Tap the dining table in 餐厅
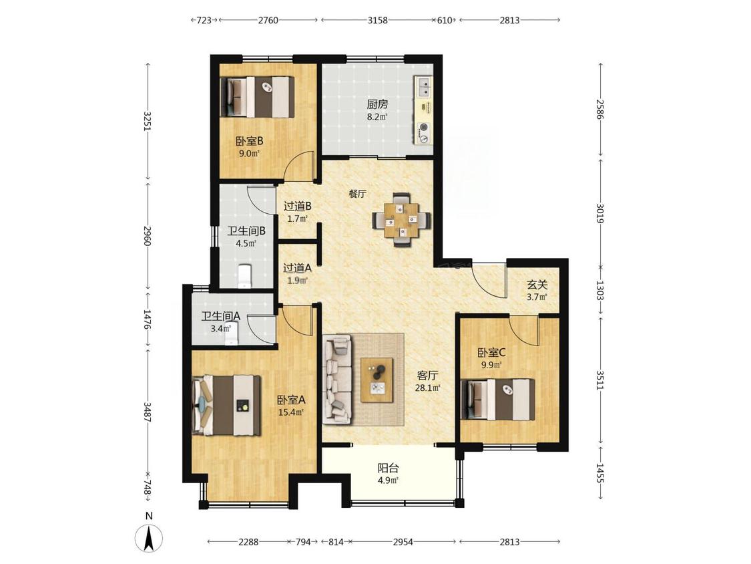pyautogui.click(x=401, y=220)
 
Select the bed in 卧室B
pyautogui.click(x=257, y=97)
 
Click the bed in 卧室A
pyautogui.click(x=226, y=405)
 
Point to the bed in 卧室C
pyautogui.click(x=498, y=400)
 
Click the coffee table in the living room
pyautogui.click(x=377, y=380)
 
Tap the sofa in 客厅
pyautogui.click(x=338, y=380)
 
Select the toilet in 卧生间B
pyautogui.click(x=245, y=277)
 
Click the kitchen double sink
pyautogui.click(x=423, y=88)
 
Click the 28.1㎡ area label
pyautogui.click(x=427, y=388)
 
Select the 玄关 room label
pyautogui.click(x=537, y=285)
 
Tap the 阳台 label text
pyautogui.click(x=388, y=468)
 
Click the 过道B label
pyautogui.click(x=298, y=206)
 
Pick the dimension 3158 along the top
pyautogui.click(x=377, y=20)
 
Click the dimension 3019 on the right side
pyautogui.click(x=600, y=213)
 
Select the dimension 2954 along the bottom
pyautogui.click(x=403, y=542)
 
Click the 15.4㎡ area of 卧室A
pyautogui.click(x=291, y=412)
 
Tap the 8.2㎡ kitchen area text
pyautogui.click(x=377, y=116)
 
